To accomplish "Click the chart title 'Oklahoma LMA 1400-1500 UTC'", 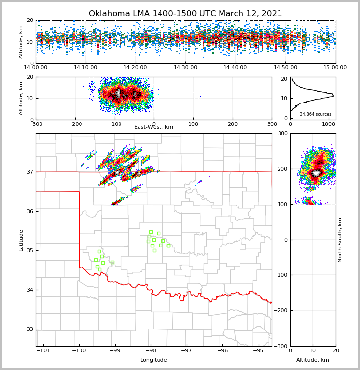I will (x=185, y=14).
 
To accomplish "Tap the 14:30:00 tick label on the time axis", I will (x=185, y=68).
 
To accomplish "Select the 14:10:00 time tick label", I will (x=85, y=68).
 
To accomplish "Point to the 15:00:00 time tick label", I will (x=335, y=68).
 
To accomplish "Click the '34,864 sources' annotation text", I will (x=316, y=114).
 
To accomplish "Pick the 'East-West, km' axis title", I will (x=154, y=127).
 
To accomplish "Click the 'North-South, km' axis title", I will (x=340, y=240).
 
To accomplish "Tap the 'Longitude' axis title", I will (x=154, y=360).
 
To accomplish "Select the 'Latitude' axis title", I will (x=21, y=240).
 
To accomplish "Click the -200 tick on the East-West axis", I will (x=75, y=123).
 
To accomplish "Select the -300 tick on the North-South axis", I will (x=282, y=346).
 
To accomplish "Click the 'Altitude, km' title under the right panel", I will (x=313, y=360).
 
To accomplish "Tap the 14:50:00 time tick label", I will (x=285, y=68).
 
